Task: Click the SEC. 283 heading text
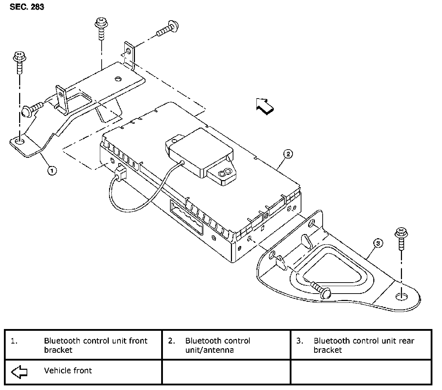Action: coord(27,7)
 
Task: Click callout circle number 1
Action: coord(52,171)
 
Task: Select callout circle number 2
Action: coord(288,154)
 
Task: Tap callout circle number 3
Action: coord(378,243)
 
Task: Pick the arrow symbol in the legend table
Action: coord(20,372)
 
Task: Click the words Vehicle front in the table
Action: coord(68,370)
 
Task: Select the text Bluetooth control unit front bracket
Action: coord(96,345)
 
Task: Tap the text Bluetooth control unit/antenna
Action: coord(217,345)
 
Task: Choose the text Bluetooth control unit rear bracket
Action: coord(364,345)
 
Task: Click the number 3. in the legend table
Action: coord(300,341)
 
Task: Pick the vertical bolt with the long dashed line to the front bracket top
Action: coord(101,30)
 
